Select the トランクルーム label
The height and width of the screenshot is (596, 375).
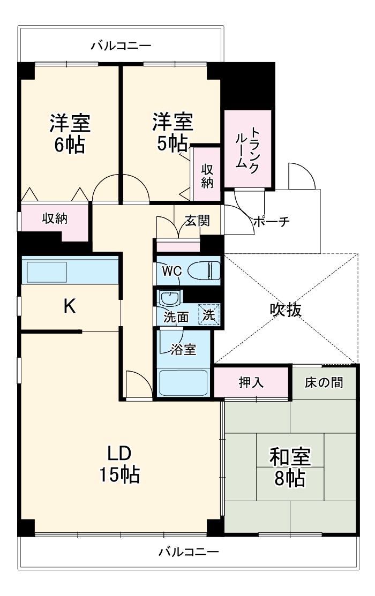248,149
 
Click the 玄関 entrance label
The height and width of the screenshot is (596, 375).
197,221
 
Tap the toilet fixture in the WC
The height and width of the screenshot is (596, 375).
207,270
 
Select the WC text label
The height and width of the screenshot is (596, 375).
172,271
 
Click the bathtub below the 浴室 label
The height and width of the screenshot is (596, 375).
183,381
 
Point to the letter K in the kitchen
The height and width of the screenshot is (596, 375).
70,306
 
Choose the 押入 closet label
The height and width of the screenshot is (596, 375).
252,383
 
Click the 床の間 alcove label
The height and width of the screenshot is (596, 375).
324,383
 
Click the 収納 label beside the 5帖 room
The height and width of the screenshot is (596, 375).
207,175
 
